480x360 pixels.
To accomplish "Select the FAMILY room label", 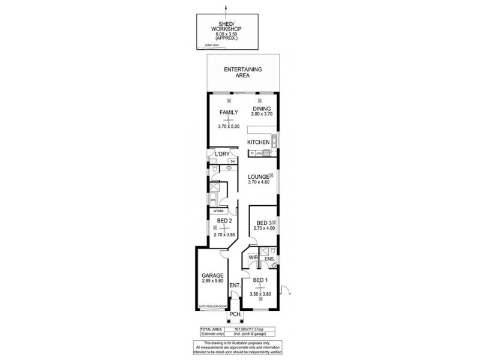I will [229, 112].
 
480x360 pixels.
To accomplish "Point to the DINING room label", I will [262, 109].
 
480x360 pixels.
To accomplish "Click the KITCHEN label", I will [259, 142].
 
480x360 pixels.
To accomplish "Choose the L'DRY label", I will [223, 155].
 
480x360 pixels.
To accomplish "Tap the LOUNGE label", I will [259, 176].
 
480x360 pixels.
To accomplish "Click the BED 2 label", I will [224, 220].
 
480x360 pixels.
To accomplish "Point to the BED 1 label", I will [260, 281].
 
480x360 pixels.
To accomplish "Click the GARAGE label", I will [213, 275].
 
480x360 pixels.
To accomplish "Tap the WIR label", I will [254, 259].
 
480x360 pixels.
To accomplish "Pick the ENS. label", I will [269, 259].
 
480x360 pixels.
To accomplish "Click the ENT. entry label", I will [234, 286].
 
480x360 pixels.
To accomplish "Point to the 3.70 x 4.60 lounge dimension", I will [259, 182].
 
